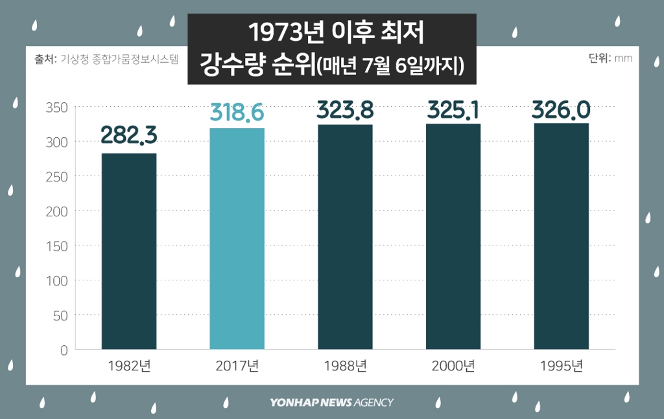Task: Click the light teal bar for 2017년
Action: (x=237, y=239)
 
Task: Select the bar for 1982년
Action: (x=129, y=251)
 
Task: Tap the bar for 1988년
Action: (x=345, y=237)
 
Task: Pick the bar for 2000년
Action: (x=453, y=236)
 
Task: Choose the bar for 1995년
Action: (x=562, y=236)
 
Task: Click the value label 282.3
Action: (x=129, y=135)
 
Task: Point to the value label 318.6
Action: (x=237, y=112)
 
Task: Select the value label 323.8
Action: (x=345, y=109)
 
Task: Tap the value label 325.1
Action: (x=453, y=109)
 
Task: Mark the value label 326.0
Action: (x=562, y=109)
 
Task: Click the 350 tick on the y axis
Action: (x=57, y=107)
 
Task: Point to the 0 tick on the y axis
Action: (x=64, y=350)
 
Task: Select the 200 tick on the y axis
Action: (x=57, y=211)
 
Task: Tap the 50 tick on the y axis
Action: (x=60, y=315)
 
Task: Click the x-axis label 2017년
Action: (x=237, y=366)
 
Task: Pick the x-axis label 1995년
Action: (x=562, y=366)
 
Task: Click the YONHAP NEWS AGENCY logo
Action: (x=331, y=402)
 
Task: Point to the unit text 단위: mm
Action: (x=610, y=58)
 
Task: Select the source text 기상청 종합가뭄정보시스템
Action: (x=119, y=58)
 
